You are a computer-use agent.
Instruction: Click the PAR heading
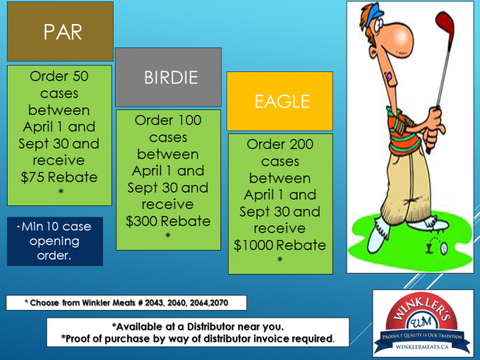pos(63,32)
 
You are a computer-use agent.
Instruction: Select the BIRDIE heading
pos(171,78)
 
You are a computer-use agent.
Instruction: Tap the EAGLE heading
pos(282,102)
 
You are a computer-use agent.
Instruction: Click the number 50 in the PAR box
pos(80,76)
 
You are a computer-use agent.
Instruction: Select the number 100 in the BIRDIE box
pos(189,120)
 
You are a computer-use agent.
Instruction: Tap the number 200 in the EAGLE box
pos(301,144)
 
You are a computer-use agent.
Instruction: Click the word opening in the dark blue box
pos(54,241)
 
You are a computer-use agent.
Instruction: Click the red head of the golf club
pos(445,25)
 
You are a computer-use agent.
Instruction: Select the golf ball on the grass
pos(444,248)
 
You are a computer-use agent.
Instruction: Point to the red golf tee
pos(429,249)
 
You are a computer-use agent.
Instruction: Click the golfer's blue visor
pos(372,16)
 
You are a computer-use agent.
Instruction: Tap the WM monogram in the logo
pos(421,321)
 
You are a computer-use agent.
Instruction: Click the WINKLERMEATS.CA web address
pos(422,347)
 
